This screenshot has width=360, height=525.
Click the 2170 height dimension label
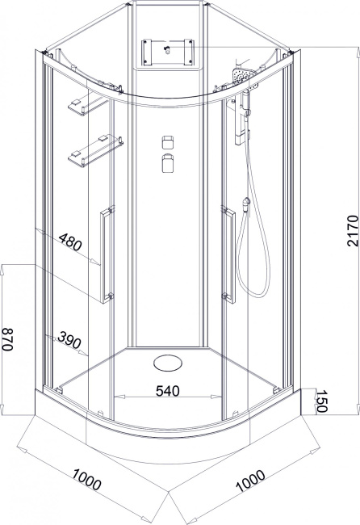pyautogui.click(x=353, y=231)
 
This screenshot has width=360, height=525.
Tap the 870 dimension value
pyautogui.click(x=7, y=339)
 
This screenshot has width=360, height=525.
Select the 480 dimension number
pyautogui.click(x=70, y=241)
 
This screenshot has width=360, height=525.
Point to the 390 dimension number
pyautogui.click(x=69, y=340)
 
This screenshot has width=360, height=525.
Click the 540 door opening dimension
pyautogui.click(x=168, y=390)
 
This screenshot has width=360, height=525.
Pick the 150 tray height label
pyautogui.click(x=321, y=401)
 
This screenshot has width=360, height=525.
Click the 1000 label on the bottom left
pyautogui.click(x=86, y=479)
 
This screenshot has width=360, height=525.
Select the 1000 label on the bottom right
pyautogui.click(x=251, y=481)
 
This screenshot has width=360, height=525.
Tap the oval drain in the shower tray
pyautogui.click(x=168, y=363)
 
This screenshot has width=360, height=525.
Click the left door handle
pyautogui.click(x=107, y=254)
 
